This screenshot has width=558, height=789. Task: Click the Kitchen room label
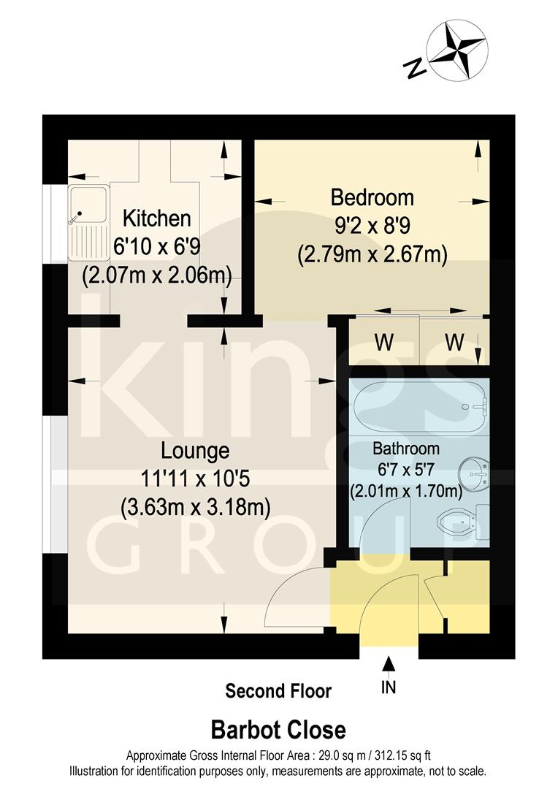click(156, 218)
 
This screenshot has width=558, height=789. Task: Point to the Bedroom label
click(372, 197)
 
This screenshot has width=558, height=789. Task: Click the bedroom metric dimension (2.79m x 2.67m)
click(372, 254)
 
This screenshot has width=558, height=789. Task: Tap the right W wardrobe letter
click(454, 342)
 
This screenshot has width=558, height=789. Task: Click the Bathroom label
click(406, 448)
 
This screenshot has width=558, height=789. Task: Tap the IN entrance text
click(389, 688)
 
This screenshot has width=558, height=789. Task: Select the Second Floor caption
click(278, 690)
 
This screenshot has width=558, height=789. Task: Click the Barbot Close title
click(278, 729)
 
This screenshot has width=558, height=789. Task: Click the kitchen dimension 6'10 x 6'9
click(156, 247)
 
